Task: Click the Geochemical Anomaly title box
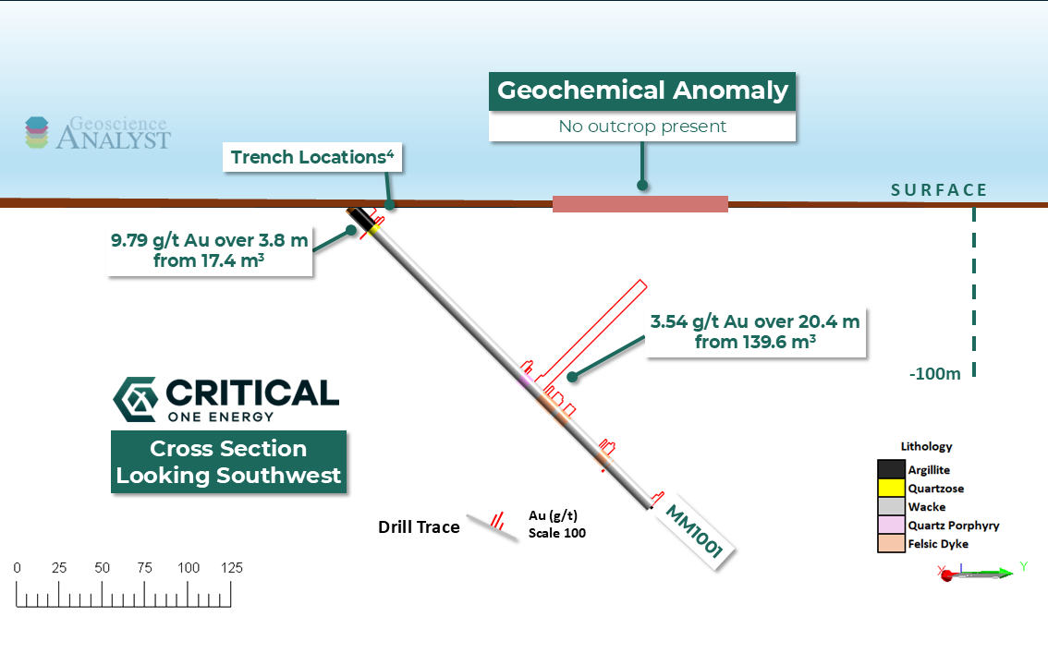(642, 91)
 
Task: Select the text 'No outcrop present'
(642, 127)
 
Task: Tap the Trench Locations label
(312, 157)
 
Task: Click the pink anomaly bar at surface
(640, 204)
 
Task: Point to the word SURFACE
(939, 190)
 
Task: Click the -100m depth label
(935, 373)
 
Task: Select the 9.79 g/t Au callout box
(210, 250)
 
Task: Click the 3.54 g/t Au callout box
(755, 332)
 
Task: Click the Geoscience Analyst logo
(97, 133)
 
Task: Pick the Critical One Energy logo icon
(134, 399)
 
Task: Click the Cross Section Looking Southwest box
(228, 462)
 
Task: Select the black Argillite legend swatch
(890, 470)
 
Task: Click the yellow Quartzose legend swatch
(890, 489)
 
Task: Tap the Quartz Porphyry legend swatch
(890, 526)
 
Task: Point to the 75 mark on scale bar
(145, 568)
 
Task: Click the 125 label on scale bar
(230, 568)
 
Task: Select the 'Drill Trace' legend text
(419, 527)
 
